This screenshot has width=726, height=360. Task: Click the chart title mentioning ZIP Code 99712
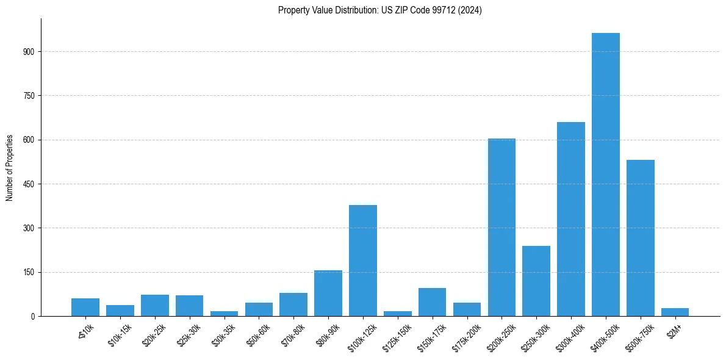pos(379,10)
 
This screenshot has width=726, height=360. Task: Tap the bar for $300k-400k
pos(570,219)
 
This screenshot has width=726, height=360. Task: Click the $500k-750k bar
pos(640,238)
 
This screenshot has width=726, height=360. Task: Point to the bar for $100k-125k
pos(362,261)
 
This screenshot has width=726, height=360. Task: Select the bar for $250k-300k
pos(536,281)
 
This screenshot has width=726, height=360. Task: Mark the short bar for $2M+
pos(675,312)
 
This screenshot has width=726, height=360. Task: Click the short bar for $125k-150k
pos(397,314)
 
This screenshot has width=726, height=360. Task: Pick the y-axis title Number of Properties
pos(10,167)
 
